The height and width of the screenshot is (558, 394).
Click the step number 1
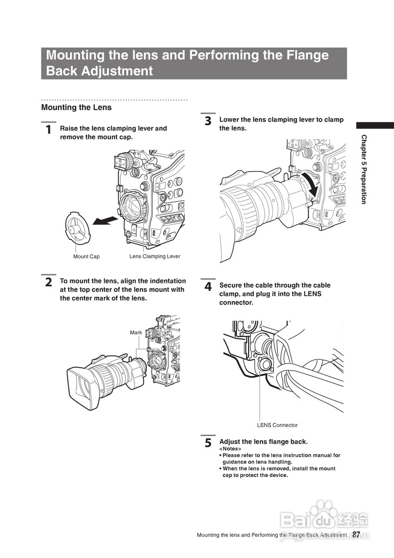(x=49, y=129)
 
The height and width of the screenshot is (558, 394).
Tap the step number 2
(x=49, y=282)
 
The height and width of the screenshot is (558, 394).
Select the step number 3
(x=208, y=121)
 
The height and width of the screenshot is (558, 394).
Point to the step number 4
(x=208, y=286)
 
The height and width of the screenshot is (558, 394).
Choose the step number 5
(x=208, y=443)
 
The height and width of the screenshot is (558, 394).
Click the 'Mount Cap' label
(x=86, y=257)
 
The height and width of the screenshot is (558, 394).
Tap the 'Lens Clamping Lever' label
(x=155, y=256)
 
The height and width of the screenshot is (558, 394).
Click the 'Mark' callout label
(x=136, y=333)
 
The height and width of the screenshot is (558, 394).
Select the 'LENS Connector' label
(x=277, y=425)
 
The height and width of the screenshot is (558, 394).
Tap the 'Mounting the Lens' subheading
(x=76, y=107)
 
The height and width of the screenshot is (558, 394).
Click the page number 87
(x=356, y=534)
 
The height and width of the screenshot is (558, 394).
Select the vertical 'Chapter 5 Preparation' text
(x=364, y=169)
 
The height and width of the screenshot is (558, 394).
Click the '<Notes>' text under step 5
(x=230, y=449)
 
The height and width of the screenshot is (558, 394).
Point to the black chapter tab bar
(x=375, y=125)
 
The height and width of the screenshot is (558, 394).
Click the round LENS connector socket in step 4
(x=264, y=364)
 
